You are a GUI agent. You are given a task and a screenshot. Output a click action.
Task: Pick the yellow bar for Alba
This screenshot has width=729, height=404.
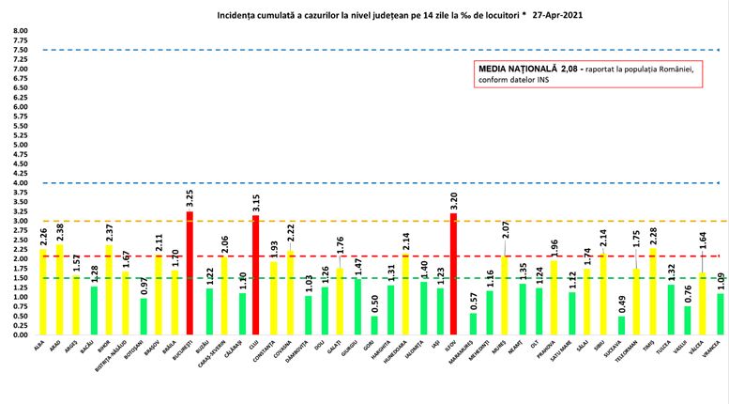point(43,291)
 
